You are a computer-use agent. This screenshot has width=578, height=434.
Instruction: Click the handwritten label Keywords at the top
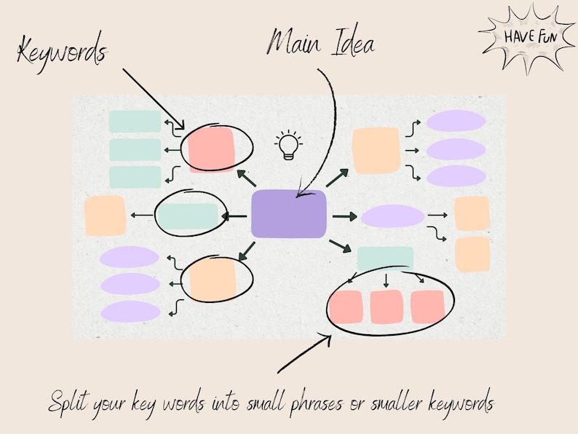click(61, 52)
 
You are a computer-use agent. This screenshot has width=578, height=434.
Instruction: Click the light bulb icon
click(289, 145)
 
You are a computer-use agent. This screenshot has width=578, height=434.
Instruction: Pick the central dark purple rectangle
click(288, 214)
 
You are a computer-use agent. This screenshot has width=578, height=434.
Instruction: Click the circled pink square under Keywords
click(211, 149)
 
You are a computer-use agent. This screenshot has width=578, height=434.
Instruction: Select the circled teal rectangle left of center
click(188, 215)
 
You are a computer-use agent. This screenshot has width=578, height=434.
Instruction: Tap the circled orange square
click(212, 279)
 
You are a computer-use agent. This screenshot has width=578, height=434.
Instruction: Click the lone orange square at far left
click(106, 216)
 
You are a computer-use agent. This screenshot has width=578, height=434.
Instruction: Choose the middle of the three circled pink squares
click(387, 307)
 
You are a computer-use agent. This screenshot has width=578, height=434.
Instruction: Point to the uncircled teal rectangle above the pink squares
click(385, 259)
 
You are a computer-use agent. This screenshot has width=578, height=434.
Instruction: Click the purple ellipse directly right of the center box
click(392, 216)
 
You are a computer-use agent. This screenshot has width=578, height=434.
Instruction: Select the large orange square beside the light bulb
click(376, 151)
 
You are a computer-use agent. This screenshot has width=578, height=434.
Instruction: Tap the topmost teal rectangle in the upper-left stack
click(135, 122)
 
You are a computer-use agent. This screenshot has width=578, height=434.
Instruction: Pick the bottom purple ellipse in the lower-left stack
click(130, 312)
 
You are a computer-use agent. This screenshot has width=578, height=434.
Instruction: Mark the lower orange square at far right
click(472, 254)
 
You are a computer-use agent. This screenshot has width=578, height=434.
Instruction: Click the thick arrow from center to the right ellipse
click(344, 216)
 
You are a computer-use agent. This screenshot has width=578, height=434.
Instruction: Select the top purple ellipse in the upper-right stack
click(456, 121)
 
